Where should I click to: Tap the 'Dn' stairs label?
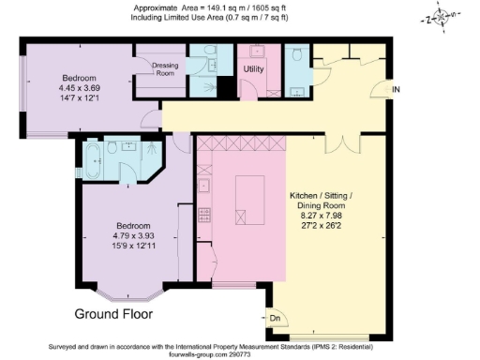pyautogui.click(x=276, y=319)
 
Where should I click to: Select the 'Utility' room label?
pyautogui.click(x=253, y=69)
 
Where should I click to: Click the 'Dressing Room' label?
pyautogui.click(x=165, y=68)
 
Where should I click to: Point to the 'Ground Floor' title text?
pyautogui.click(x=113, y=312)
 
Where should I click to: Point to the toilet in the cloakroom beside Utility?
pyautogui.click(x=296, y=57)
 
